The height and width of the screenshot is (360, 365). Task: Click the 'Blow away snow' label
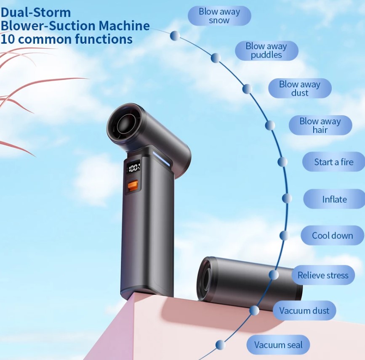[219, 16]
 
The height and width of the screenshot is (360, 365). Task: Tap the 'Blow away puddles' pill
[266, 51]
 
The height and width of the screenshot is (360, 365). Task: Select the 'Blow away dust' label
[300, 88]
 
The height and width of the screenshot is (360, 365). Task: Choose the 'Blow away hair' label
[320, 125]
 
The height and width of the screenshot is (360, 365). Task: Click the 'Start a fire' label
[333, 162]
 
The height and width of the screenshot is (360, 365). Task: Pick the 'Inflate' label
[334, 199]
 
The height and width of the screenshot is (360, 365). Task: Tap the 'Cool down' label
[332, 236]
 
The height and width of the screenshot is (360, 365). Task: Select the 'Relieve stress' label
[323, 275]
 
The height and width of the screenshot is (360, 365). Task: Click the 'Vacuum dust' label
[304, 311]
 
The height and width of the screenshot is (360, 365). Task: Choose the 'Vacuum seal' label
[278, 345]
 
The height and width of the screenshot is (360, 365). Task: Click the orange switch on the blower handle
[133, 185]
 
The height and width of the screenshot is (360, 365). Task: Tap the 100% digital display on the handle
[133, 168]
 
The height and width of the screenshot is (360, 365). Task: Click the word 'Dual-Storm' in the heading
[36, 12]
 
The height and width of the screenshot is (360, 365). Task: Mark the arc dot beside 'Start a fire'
[282, 162]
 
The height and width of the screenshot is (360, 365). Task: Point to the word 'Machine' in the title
[124, 26]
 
